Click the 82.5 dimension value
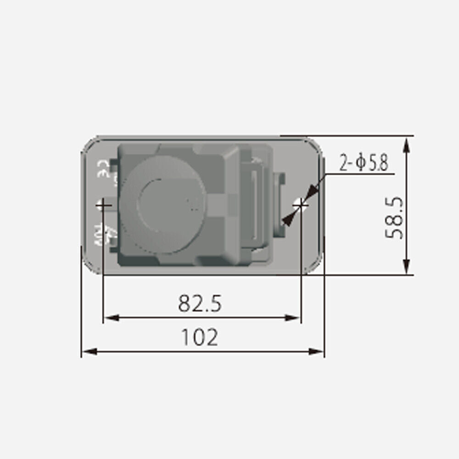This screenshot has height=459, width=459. [200, 303]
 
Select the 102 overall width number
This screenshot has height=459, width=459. [200, 337]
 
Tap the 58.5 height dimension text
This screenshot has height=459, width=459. [395, 218]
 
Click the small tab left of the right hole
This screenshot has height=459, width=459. [280, 204]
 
